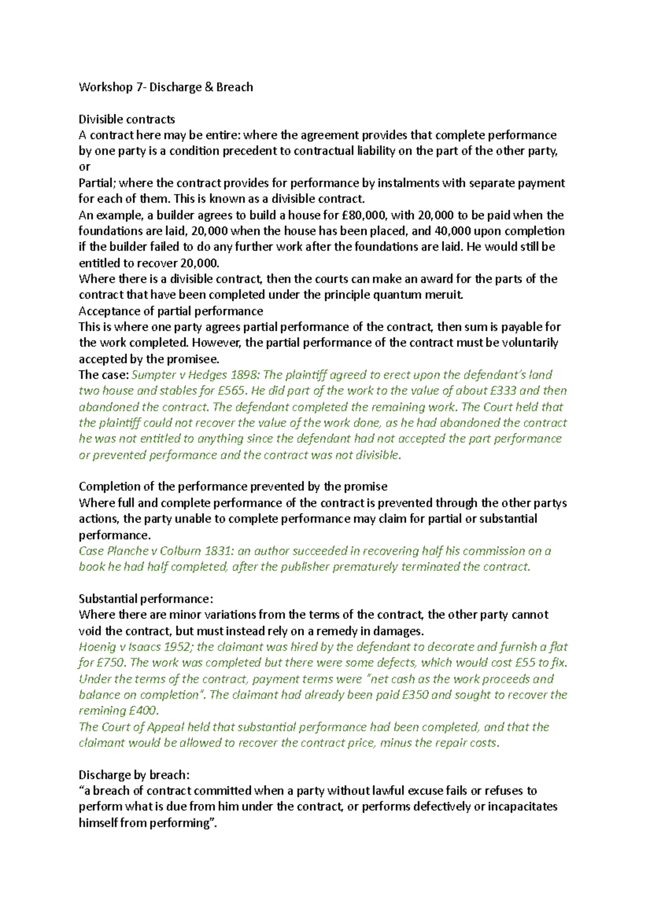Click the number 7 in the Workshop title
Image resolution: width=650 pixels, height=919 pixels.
tap(139, 87)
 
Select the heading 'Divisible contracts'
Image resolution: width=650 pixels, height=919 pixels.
tap(127, 119)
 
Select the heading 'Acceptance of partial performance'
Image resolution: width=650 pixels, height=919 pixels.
tap(171, 311)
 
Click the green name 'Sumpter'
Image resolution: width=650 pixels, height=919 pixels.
tap(153, 375)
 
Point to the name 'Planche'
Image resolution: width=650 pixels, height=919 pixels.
tap(128, 551)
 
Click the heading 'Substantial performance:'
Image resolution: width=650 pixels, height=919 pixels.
tap(146, 599)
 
